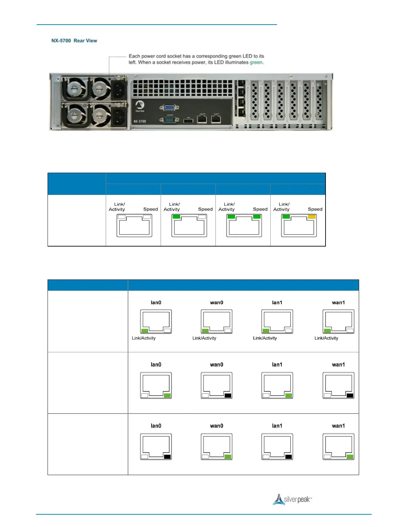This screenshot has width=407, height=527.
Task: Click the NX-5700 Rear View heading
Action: click(74, 41)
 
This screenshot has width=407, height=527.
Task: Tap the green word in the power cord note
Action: click(256, 62)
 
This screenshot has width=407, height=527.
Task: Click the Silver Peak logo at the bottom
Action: click(292, 499)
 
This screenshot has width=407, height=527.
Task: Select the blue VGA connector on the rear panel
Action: click(169, 107)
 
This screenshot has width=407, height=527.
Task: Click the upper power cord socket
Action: click(118, 89)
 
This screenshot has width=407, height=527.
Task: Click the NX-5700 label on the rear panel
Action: click(140, 121)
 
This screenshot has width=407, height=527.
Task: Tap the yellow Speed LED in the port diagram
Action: click(312, 217)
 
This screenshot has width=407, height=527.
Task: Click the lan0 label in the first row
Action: click(156, 302)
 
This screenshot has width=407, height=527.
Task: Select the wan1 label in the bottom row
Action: click(338, 426)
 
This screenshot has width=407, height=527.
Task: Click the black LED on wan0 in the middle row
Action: click(228, 396)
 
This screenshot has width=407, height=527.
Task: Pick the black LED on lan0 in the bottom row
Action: click(167, 457)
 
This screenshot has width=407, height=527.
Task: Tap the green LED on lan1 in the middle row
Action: click(289, 396)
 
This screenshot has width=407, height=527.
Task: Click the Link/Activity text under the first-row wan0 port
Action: click(204, 338)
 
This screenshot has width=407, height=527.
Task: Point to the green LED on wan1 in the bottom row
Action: click(350, 457)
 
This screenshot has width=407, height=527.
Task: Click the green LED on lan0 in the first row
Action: click(145, 331)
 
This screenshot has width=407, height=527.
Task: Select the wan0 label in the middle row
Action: click(216, 365)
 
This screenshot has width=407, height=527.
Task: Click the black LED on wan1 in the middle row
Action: click(350, 396)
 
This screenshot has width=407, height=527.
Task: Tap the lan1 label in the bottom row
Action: click(277, 426)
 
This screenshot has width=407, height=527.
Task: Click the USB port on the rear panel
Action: click(188, 120)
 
